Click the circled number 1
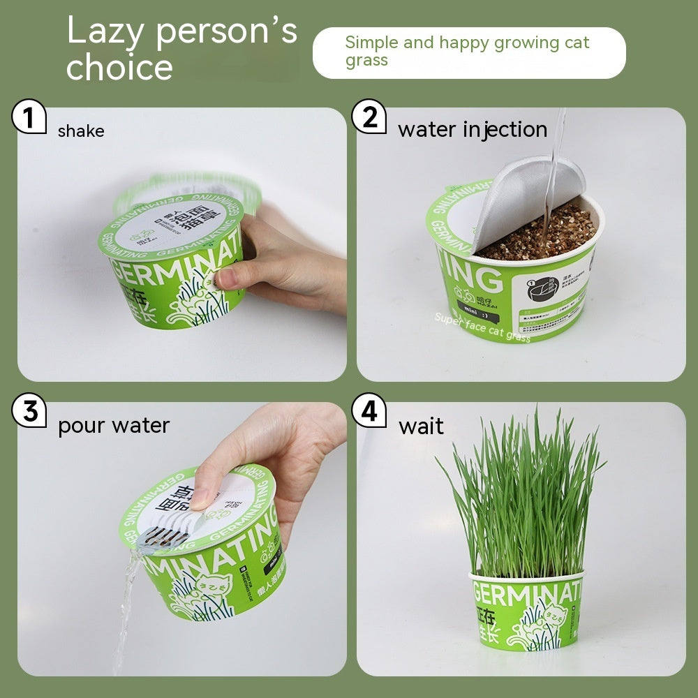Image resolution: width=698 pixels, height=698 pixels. point(29,117)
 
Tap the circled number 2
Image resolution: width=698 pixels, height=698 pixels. point(369,117)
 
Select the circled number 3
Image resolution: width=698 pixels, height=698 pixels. point(29,411)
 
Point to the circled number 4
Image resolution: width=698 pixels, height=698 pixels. point(369,411)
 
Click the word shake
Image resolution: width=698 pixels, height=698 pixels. point(81,131)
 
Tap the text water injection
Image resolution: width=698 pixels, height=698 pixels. point(473,130)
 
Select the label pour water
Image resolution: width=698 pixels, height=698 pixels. point(114,425)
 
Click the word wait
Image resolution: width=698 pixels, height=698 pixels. point(421,426)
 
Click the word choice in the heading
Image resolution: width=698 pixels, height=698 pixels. point(119,68)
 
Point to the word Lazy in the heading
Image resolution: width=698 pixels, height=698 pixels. point(106,31)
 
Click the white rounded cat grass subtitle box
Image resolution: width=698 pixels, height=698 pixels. point(469,52)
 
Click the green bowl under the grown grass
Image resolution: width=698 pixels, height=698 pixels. point(526,611)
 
